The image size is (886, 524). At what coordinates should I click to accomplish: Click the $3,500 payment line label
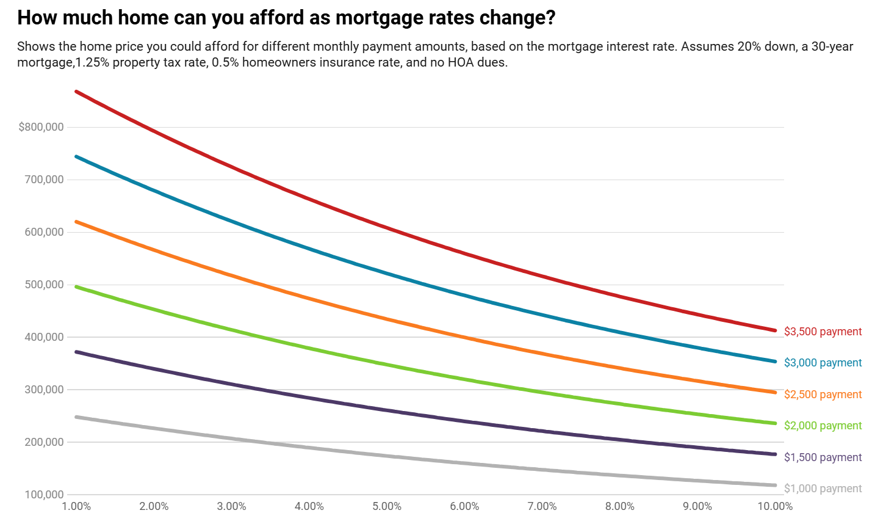(x=823, y=332)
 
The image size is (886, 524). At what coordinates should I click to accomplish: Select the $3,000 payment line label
(x=823, y=363)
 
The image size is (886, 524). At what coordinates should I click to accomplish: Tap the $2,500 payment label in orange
(x=823, y=395)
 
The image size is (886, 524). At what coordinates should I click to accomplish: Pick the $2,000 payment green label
(x=823, y=426)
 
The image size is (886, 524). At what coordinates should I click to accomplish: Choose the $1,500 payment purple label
(x=823, y=457)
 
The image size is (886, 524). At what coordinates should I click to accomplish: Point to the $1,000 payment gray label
(x=823, y=489)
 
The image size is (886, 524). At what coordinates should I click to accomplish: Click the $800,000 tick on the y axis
(x=41, y=127)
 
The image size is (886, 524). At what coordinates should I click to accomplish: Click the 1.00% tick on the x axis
(x=77, y=506)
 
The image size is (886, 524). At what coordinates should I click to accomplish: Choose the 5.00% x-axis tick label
(x=387, y=506)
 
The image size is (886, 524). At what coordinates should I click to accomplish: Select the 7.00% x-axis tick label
(x=542, y=506)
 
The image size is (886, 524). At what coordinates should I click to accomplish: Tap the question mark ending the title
(x=550, y=18)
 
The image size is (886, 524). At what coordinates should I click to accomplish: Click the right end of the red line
(x=775, y=330)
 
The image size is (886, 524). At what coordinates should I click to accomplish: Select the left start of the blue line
(x=76, y=156)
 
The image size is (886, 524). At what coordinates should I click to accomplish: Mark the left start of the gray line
(x=76, y=417)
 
